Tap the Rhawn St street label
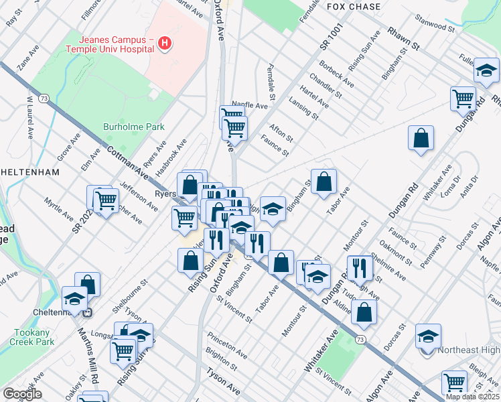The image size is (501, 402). (401, 39)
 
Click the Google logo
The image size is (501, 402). (21, 394)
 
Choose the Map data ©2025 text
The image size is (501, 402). (473, 397)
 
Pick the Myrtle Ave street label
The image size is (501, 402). (59, 208)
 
